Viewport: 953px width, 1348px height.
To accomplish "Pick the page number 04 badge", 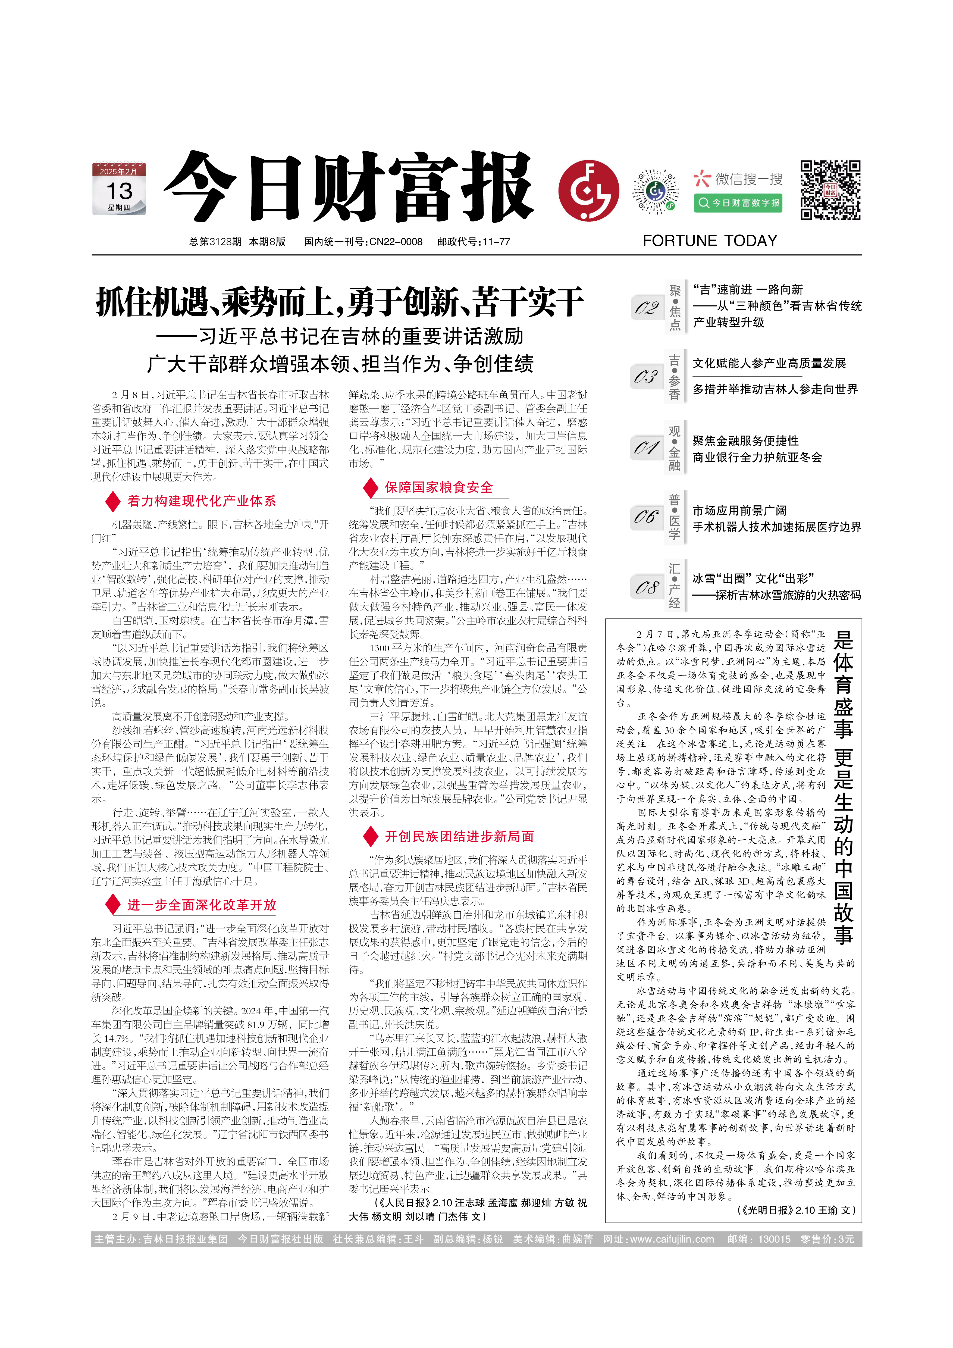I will click(x=647, y=448).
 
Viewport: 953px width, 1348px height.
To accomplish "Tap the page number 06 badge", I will click(x=647, y=517).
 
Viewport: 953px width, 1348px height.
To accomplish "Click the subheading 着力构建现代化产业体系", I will click(x=201, y=501).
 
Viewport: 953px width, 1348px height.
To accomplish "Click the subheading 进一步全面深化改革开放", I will click(x=201, y=905).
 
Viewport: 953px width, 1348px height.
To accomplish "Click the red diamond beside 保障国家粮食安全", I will click(x=370, y=487).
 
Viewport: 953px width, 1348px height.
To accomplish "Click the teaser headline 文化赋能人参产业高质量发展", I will click(x=769, y=363).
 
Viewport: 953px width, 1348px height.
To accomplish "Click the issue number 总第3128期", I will click(x=215, y=241).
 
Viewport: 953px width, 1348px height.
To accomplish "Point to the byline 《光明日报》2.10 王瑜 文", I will click(x=796, y=1209).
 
